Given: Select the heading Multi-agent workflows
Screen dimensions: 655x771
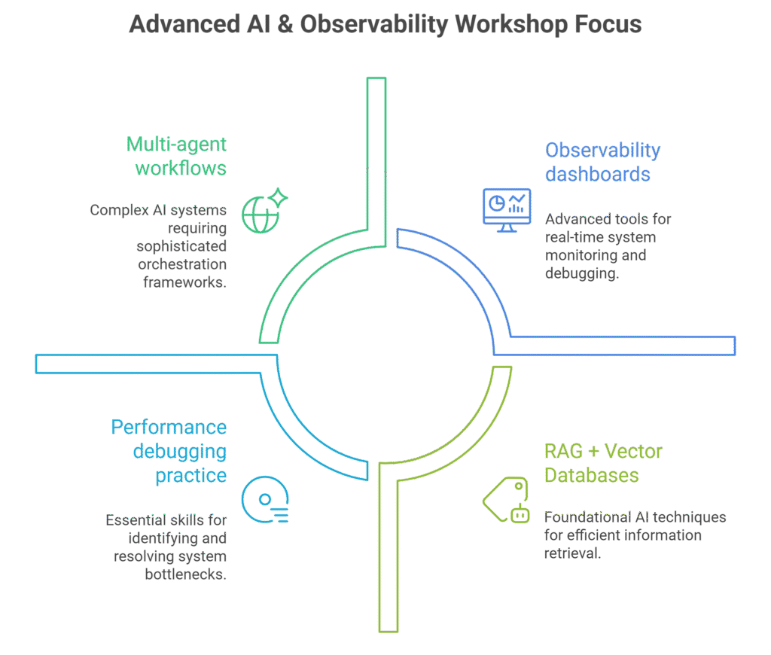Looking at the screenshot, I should coord(176,156).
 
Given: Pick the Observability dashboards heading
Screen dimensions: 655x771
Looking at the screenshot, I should coord(602,162).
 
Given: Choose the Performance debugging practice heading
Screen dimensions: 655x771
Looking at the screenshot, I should coord(169,451).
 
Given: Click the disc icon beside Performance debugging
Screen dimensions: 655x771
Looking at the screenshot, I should coord(265,501).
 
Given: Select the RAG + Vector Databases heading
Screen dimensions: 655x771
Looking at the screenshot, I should coord(603,464).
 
